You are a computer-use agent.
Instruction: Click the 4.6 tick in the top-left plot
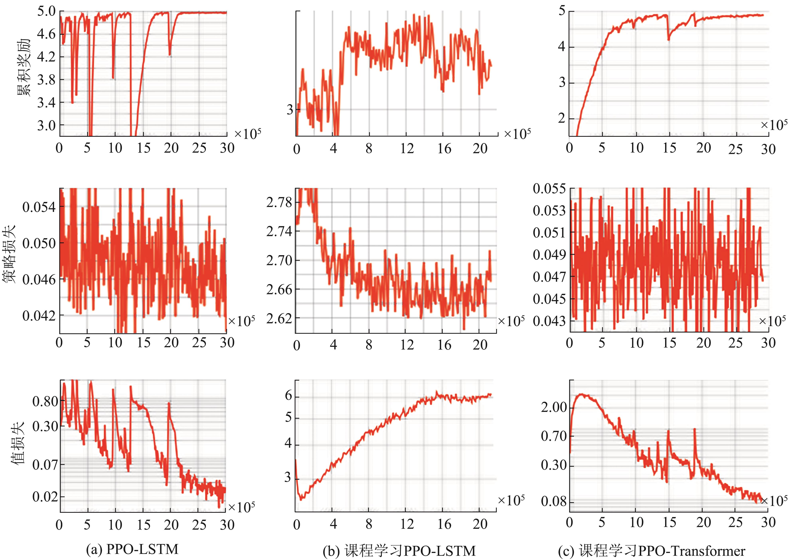point(46,34)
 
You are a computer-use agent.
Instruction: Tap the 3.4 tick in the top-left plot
point(46,102)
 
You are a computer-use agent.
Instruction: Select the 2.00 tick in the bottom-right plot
point(554,407)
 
